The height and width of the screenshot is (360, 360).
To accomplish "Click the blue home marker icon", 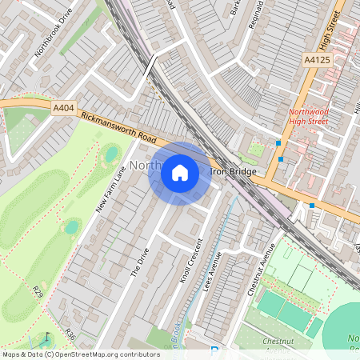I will tap(180, 173).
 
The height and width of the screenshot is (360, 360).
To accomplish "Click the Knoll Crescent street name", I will tap(190, 260).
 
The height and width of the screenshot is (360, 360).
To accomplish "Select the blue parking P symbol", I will tap(213, 352).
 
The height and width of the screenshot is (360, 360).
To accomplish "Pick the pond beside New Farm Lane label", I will tap(111, 153).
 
